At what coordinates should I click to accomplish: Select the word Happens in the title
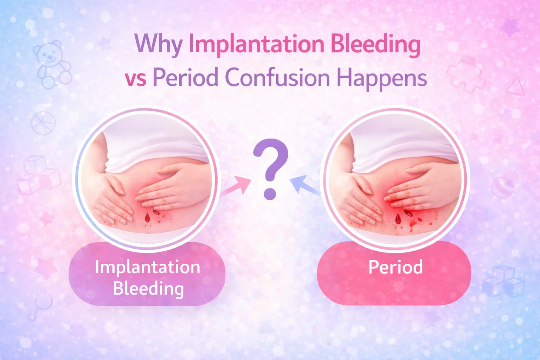point(382,78)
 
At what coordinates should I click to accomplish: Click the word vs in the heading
point(135,78)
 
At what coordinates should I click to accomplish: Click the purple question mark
point(270,169)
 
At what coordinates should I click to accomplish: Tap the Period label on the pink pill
point(395,267)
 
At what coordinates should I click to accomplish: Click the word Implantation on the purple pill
point(147,267)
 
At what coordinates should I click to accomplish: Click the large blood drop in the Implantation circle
point(147,218)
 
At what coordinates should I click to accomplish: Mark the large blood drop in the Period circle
point(398,219)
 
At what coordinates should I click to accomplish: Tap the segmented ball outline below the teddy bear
point(43,123)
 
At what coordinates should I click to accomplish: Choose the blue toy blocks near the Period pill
point(503,281)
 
